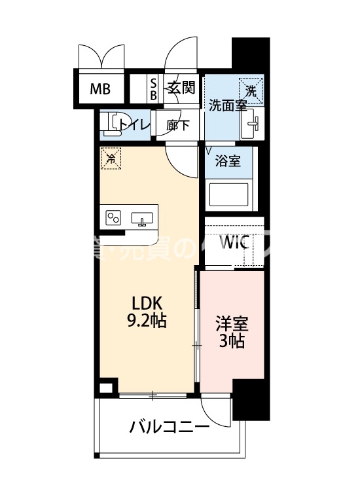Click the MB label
100,88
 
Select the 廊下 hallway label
178,125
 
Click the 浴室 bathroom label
228,161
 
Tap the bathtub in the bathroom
228,194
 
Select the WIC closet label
234,242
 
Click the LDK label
148,304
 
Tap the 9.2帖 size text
148,321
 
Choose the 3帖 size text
232,341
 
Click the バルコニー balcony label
170,427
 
